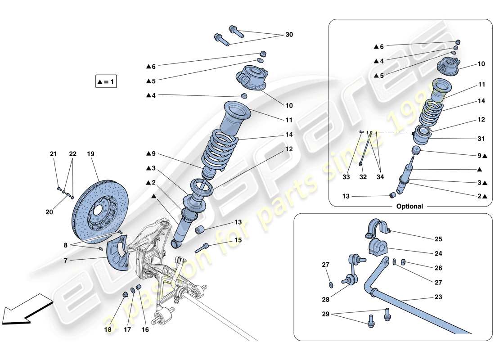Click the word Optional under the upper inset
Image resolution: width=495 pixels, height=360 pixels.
click(409, 207)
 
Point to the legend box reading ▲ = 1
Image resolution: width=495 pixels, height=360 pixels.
click(106, 82)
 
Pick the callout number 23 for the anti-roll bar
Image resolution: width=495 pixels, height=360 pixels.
click(438, 297)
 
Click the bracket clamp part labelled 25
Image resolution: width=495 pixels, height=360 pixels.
click(377, 228)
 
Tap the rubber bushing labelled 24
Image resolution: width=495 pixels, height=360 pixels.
click(378, 247)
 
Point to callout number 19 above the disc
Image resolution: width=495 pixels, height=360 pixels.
click(90, 154)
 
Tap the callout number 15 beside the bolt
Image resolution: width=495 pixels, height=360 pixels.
click(238, 240)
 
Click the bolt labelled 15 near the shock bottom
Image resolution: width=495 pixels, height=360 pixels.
click(202, 247)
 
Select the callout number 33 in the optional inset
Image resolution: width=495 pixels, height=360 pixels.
click(346, 177)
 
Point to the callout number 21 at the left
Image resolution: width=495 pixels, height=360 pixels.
click(54, 154)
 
